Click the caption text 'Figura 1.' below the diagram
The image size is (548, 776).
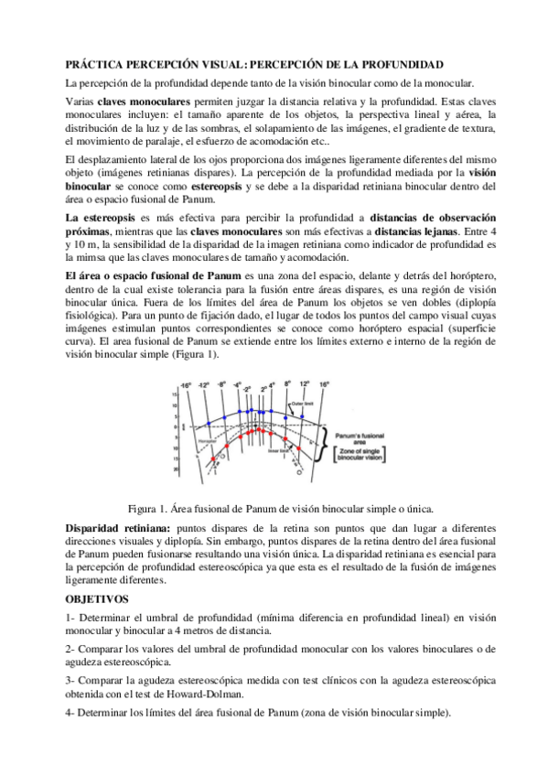[x=148, y=507]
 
